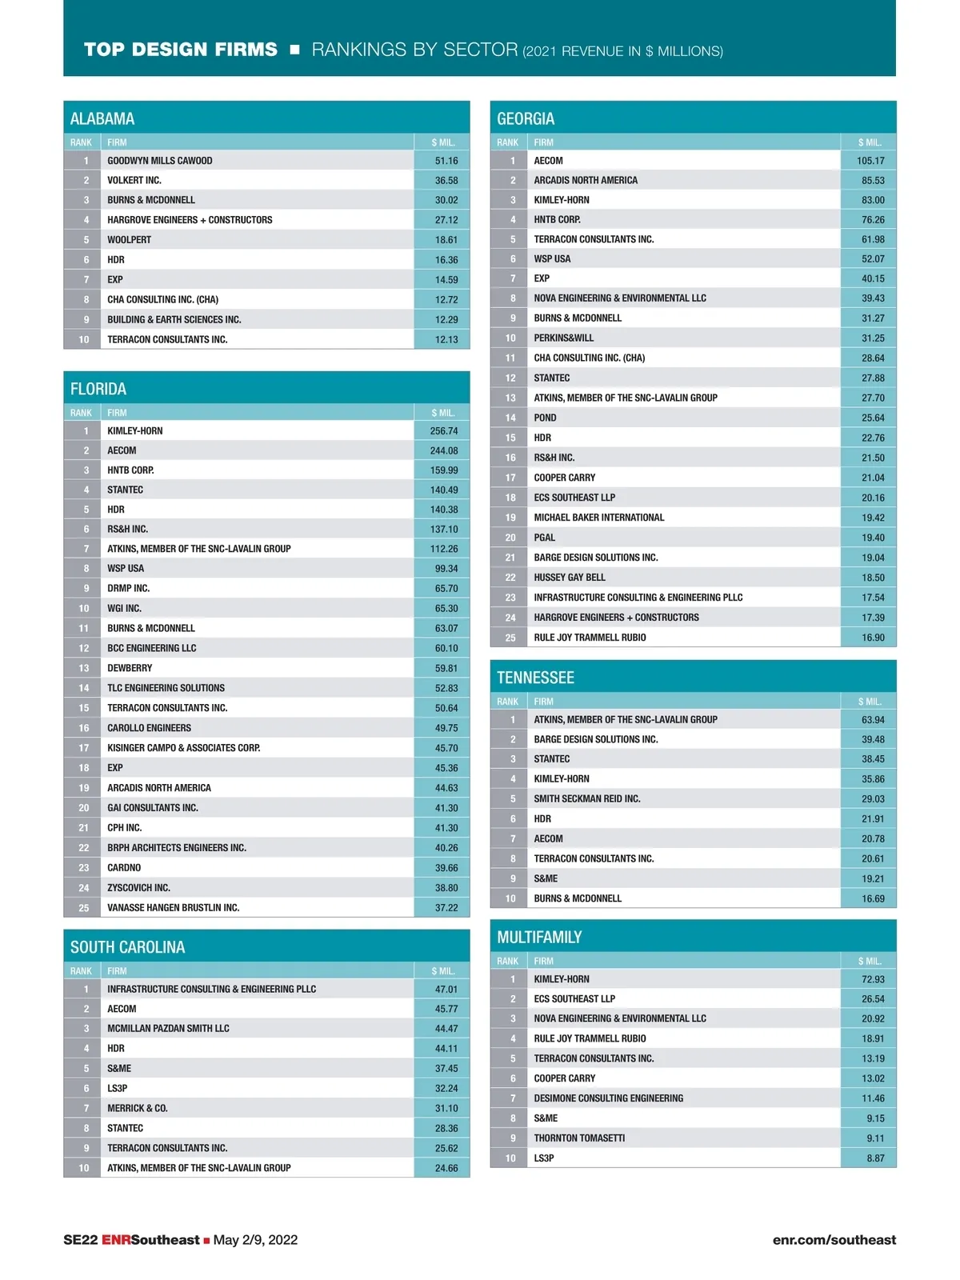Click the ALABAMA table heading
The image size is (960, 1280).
[102, 119]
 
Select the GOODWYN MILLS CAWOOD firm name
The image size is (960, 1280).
[160, 161]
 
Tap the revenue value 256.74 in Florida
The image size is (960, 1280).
[444, 431]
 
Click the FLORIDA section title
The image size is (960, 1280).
[98, 390]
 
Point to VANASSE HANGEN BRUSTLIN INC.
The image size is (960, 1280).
[174, 908]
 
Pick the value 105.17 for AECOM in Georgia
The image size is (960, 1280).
[870, 161]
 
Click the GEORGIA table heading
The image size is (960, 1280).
[526, 119]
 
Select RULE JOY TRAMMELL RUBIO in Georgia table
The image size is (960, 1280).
[590, 638]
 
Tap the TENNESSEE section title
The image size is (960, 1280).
[535, 678]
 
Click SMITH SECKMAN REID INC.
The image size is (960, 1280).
[587, 799]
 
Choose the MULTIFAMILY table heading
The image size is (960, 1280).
[539, 938]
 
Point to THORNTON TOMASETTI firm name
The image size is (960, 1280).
[579, 1138]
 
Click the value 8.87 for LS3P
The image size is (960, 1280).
[875, 1158]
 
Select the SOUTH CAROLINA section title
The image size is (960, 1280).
[128, 948]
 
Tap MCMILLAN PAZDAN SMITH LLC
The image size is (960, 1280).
[168, 1029]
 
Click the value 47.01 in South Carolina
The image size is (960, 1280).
[446, 990]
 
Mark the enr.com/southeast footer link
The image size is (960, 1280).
[834, 1240]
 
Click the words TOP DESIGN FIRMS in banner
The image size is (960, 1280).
[181, 50]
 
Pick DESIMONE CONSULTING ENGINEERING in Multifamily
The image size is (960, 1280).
[609, 1098]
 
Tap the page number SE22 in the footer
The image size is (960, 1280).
[80, 1240]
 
